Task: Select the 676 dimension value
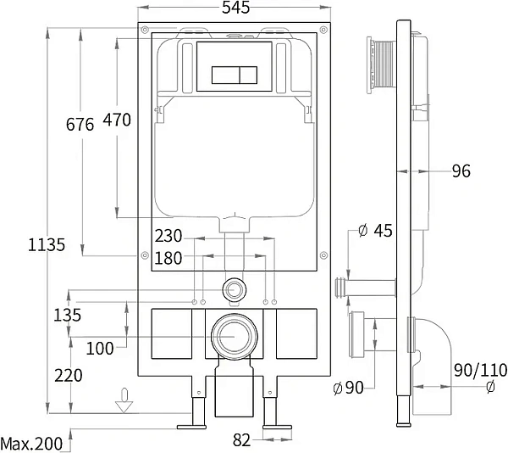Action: pos(80,125)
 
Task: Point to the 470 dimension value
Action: pos(117,120)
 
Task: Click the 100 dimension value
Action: pos(99,348)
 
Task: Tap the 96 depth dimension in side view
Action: pos(461,172)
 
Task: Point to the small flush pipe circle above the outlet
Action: pos(233,289)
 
